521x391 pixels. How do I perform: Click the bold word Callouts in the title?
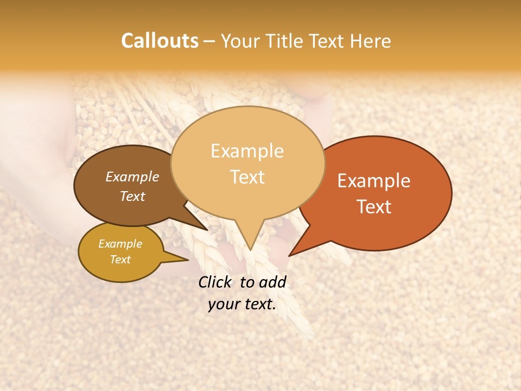[x=160, y=41]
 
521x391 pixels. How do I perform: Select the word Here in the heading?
[x=371, y=41]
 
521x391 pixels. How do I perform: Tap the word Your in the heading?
[x=240, y=41]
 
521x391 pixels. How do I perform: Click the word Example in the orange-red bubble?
[x=374, y=181]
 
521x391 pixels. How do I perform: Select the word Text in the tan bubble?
[x=247, y=177]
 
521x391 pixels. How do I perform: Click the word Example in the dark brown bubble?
[x=132, y=176]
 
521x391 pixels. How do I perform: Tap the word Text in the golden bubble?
[x=120, y=260]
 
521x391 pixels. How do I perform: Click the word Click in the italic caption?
[x=215, y=282]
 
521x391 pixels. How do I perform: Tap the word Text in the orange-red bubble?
[x=374, y=207]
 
